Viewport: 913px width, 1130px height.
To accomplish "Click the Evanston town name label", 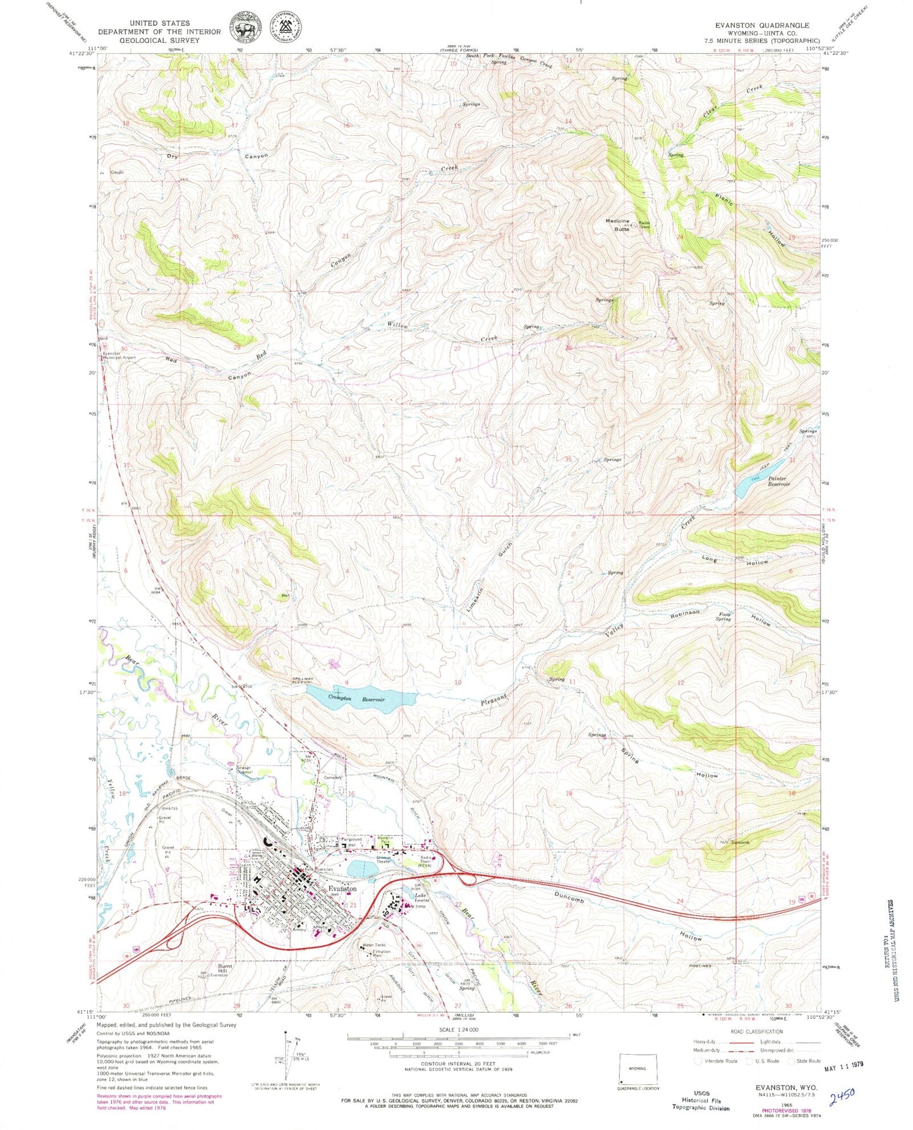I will point(342,888).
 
